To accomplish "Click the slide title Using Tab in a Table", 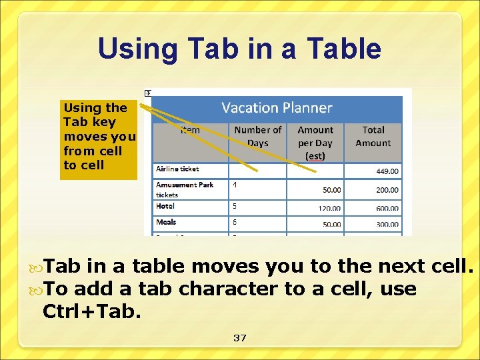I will [x=239, y=49].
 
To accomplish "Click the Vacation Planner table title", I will [x=277, y=108].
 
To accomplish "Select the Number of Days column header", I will [x=257, y=137].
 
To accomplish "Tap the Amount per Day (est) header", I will [x=315, y=143].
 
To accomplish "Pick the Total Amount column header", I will [x=373, y=137].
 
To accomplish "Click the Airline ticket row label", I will [x=177, y=169].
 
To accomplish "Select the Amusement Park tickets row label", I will [x=185, y=189].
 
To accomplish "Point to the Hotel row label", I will [x=165, y=207].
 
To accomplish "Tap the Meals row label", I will [x=166, y=222].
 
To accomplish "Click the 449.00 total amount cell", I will [x=387, y=171].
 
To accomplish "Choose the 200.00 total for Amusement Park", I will [x=387, y=190].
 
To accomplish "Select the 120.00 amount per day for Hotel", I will [x=329, y=209].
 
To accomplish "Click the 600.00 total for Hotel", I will [x=387, y=209].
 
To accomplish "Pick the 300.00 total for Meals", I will [x=387, y=225].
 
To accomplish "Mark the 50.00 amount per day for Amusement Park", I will [x=331, y=190].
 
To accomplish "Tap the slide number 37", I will [x=240, y=338].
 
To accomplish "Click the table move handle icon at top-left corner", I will [x=148, y=92].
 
